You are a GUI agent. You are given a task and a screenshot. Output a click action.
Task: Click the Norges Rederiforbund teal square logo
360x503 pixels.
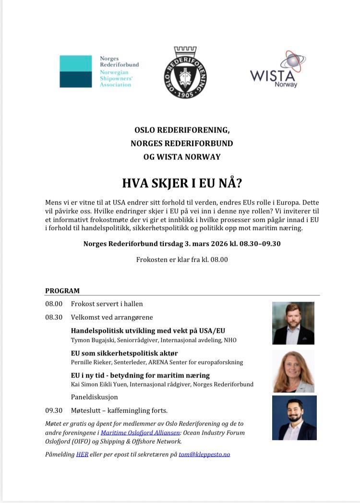[75, 71]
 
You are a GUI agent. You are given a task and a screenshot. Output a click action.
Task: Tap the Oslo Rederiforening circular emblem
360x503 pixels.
[185, 73]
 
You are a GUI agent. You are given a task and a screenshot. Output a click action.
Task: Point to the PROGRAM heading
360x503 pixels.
[62, 291]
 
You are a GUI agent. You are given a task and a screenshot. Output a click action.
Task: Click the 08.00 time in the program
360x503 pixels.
[54, 304]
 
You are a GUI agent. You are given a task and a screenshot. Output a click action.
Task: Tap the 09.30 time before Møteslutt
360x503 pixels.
[54, 410]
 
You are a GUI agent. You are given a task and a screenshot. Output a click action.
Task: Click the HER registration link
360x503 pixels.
[82, 454]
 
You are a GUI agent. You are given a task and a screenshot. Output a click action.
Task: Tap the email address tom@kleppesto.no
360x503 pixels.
[204, 454]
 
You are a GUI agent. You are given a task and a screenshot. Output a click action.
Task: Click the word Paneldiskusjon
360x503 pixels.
[94, 397]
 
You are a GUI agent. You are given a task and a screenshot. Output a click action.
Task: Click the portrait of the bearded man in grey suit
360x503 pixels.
[293, 323]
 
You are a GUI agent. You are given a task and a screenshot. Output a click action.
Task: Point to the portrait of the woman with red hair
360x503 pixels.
[293, 370]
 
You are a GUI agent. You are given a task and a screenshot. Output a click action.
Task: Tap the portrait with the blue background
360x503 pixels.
[294, 417]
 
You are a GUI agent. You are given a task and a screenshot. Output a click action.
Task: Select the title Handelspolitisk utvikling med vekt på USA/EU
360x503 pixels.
[148, 331]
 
